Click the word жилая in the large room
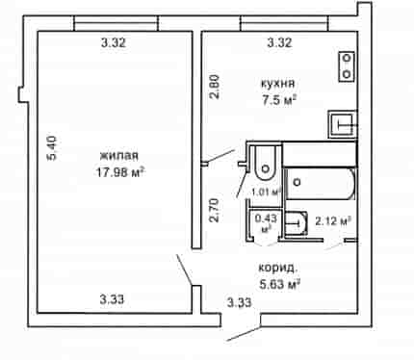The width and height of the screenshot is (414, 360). click(x=119, y=156)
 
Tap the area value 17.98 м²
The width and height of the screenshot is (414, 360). click(x=119, y=172)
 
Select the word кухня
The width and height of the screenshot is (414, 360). click(x=277, y=84)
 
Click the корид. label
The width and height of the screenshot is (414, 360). click(x=278, y=268)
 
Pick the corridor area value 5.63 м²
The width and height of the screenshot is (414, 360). click(x=279, y=284)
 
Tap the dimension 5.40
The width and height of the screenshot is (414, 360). click(x=52, y=148)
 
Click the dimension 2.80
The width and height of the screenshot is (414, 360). click(x=214, y=87)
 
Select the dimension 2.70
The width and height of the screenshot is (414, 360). click(x=214, y=211)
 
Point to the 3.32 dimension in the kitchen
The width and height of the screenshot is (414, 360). click(x=280, y=42)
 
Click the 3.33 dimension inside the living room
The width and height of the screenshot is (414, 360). click(x=112, y=299)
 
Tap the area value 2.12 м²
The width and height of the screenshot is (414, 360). click(x=332, y=221)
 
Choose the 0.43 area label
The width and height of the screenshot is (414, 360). click(x=266, y=219)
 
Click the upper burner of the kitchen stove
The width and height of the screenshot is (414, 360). click(x=347, y=59)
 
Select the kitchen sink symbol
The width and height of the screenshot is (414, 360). click(x=343, y=124)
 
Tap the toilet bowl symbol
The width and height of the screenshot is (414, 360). click(x=266, y=164)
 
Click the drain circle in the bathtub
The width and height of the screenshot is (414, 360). click(x=298, y=182)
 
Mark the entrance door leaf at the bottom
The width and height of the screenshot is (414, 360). click(x=244, y=334)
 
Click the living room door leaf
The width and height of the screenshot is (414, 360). click(x=185, y=270)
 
